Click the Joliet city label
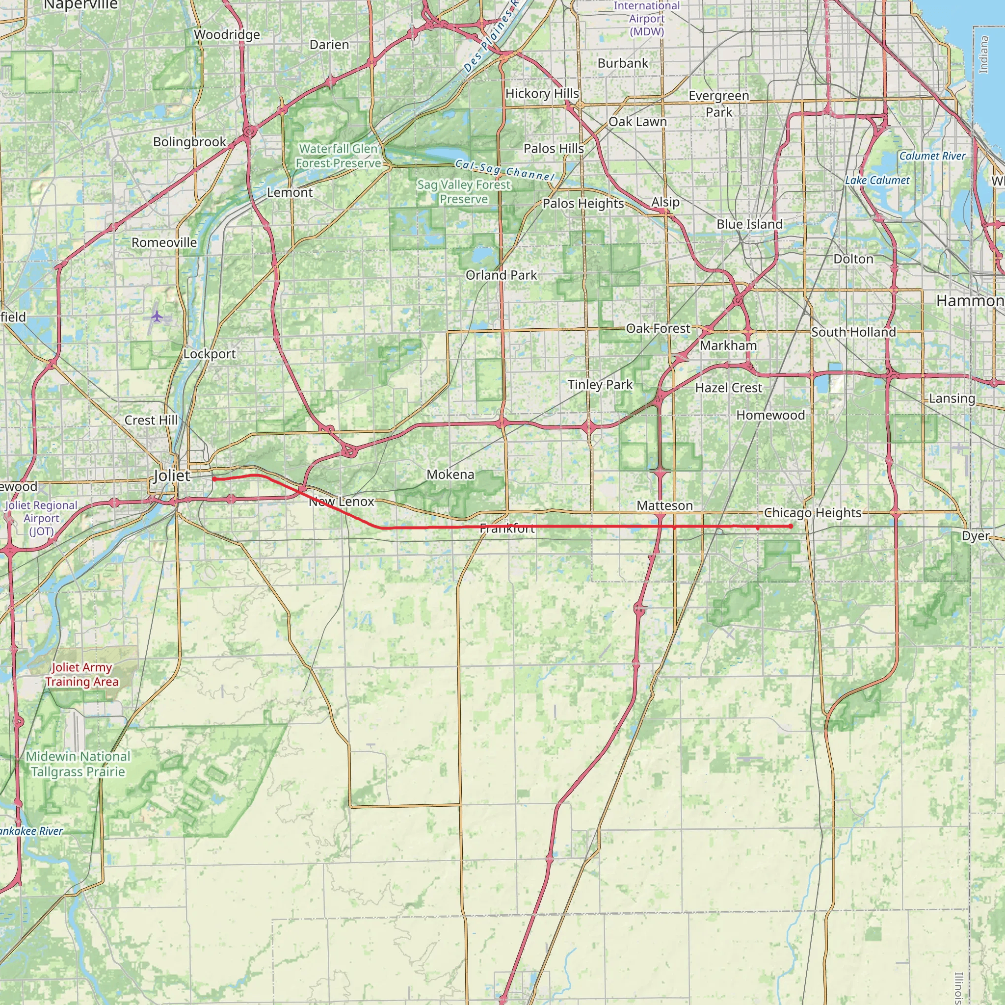[x=172, y=476]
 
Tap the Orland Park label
[x=501, y=275]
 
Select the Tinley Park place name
[x=600, y=385]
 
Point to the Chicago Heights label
[x=813, y=513]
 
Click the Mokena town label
[x=450, y=475]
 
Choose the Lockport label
[x=209, y=354]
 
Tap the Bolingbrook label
[x=189, y=142]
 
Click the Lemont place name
[x=290, y=192]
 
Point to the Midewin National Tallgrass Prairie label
[x=78, y=764]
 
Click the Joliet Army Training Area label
[x=81, y=674]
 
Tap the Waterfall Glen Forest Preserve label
[x=338, y=156]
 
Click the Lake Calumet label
[x=877, y=181]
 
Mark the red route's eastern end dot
[x=791, y=527]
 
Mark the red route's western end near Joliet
[x=214, y=479]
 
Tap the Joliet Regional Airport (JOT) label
[x=41, y=518]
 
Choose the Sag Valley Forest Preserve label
[x=463, y=192]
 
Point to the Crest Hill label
[x=151, y=421]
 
